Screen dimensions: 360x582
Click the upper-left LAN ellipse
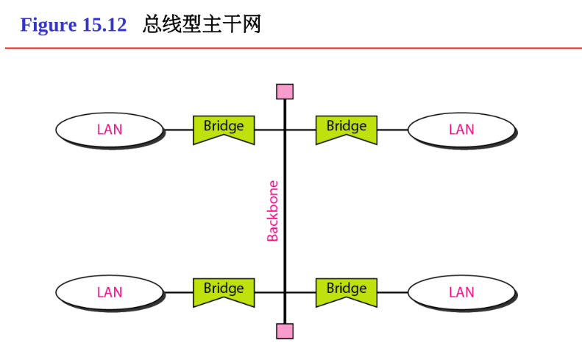click(x=109, y=130)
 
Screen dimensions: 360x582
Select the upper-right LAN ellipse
click(x=461, y=130)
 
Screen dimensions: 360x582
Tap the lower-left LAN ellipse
click(x=109, y=292)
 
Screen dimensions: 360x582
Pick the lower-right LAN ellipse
click(x=461, y=292)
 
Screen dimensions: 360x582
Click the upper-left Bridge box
click(x=224, y=129)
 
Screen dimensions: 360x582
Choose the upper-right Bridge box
click(x=346, y=129)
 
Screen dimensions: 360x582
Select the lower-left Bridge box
click(x=224, y=292)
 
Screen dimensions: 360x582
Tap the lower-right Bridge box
click(x=346, y=292)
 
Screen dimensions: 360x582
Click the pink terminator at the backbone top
click(x=285, y=91)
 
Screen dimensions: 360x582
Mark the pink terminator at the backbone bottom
click(x=285, y=331)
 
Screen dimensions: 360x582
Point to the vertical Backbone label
click(x=273, y=211)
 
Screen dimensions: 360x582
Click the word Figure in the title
click(x=49, y=25)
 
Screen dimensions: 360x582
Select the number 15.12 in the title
click(x=104, y=25)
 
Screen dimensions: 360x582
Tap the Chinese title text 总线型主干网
click(x=202, y=25)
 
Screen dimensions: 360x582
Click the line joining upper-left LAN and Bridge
click(x=178, y=130)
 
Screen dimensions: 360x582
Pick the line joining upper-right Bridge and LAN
click(x=392, y=130)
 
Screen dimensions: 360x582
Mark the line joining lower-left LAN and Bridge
click(x=178, y=293)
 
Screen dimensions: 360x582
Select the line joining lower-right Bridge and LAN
click(x=392, y=293)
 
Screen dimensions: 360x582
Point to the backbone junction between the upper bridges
click(x=285, y=130)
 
